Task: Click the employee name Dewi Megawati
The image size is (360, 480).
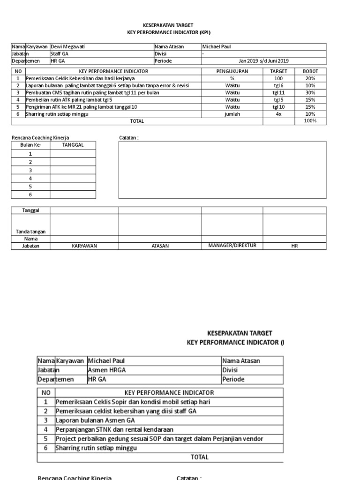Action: click(x=67, y=46)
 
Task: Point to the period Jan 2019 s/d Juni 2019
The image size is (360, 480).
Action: click(x=263, y=60)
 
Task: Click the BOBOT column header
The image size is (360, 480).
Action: click(x=310, y=71)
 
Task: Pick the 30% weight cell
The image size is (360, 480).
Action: click(x=310, y=92)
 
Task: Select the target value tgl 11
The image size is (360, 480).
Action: click(x=279, y=92)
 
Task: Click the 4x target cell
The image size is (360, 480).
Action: click(x=279, y=113)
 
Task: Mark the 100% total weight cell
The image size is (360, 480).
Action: click(x=310, y=121)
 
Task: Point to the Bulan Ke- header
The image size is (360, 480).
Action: click(x=31, y=145)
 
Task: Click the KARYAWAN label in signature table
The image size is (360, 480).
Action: click(x=84, y=246)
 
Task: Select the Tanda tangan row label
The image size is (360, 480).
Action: click(x=31, y=232)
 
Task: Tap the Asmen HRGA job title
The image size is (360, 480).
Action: click(x=107, y=370)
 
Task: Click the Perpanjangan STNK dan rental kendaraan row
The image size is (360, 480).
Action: click(x=114, y=429)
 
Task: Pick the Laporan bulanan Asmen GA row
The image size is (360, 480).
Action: click(x=95, y=420)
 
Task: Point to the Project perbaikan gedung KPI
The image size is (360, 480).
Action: click(x=159, y=438)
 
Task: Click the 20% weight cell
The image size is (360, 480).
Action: click(x=310, y=78)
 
